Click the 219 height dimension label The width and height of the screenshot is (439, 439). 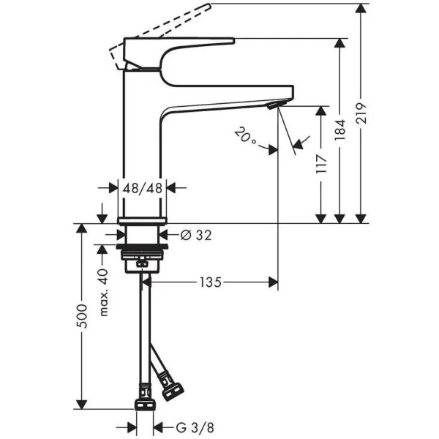(x=361, y=113)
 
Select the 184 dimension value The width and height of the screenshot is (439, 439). (x=340, y=130)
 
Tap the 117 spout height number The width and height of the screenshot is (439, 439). (x=321, y=163)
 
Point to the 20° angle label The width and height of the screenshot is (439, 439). (x=246, y=135)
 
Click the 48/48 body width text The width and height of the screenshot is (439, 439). (x=143, y=188)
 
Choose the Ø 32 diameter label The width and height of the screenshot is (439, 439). (x=196, y=235)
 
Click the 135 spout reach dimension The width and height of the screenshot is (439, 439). (x=211, y=282)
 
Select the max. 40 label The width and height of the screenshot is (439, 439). (x=104, y=292)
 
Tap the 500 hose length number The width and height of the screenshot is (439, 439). (x=82, y=316)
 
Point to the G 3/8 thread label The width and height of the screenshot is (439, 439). (x=195, y=428)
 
